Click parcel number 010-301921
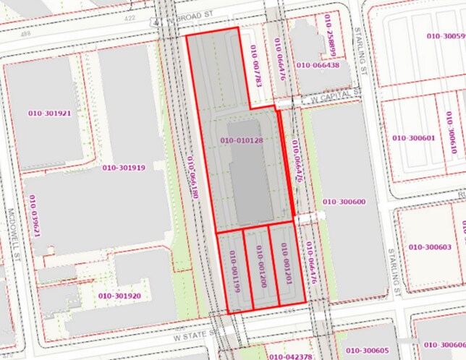[x=49, y=113]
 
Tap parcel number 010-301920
[x=119, y=296]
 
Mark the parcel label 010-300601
[x=413, y=137]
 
